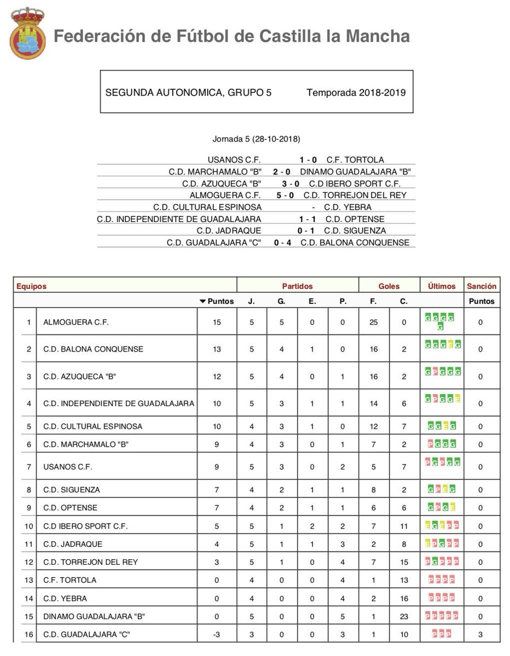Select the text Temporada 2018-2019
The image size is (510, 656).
click(x=356, y=92)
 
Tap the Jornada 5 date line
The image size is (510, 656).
click(x=256, y=139)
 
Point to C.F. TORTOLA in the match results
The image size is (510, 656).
click(x=355, y=160)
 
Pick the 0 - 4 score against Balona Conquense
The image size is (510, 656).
click(x=282, y=243)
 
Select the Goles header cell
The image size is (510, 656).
click(x=389, y=286)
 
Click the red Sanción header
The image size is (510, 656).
click(x=481, y=286)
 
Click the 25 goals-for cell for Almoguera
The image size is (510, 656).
click(x=374, y=323)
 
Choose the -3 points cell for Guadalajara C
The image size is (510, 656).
click(x=217, y=634)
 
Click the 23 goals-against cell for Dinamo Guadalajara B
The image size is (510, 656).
click(x=404, y=616)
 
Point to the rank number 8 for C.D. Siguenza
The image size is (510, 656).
click(x=28, y=490)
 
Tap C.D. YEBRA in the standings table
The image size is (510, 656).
click(x=65, y=598)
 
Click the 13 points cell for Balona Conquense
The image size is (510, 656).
click(x=217, y=349)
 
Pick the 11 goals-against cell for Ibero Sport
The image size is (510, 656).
click(x=404, y=526)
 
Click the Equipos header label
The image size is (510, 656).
click(x=32, y=286)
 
